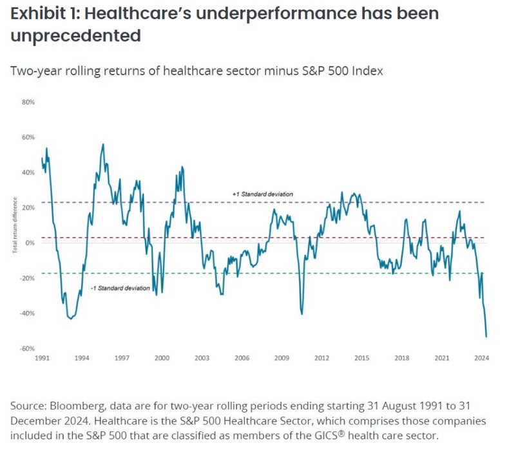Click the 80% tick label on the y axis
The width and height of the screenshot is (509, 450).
pos(28,102)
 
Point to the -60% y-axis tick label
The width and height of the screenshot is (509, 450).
pos(28,348)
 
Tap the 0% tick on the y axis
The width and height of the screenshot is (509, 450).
pos(30,243)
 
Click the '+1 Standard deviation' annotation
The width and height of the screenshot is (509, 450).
pos(263,194)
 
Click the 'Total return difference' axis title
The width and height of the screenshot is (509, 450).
pos(14,228)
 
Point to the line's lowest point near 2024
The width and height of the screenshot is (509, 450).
pos(486,336)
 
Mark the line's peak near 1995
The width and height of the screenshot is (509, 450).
pos(103,144)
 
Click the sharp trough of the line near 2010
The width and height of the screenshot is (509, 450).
pos(302,314)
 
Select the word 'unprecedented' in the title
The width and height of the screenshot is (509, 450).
pos(75,35)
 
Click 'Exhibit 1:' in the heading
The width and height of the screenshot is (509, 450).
pos(44,13)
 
